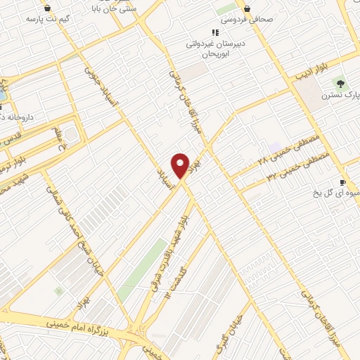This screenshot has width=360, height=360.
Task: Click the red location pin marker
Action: click(x=180, y=166)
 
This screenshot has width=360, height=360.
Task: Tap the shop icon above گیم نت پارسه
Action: click(x=47, y=8)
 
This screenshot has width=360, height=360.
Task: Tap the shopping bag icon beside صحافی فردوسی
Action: click(x=247, y=8)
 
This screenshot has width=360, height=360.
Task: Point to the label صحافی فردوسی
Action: click(x=247, y=19)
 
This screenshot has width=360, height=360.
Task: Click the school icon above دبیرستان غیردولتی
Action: click(x=215, y=32)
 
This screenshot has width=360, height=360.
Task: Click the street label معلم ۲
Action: click(x=59, y=139)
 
